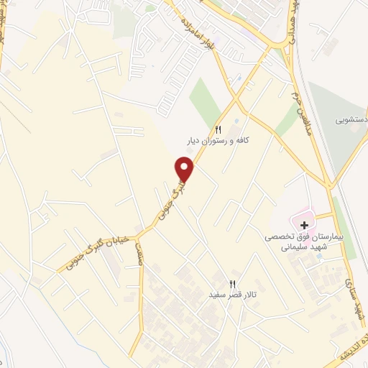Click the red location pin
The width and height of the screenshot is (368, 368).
click(185, 169)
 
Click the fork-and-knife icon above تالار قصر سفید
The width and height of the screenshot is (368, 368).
click(232, 283)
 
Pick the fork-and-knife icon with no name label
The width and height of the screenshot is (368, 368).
click(232, 347)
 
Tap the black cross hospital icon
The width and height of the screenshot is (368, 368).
click(304, 225)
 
